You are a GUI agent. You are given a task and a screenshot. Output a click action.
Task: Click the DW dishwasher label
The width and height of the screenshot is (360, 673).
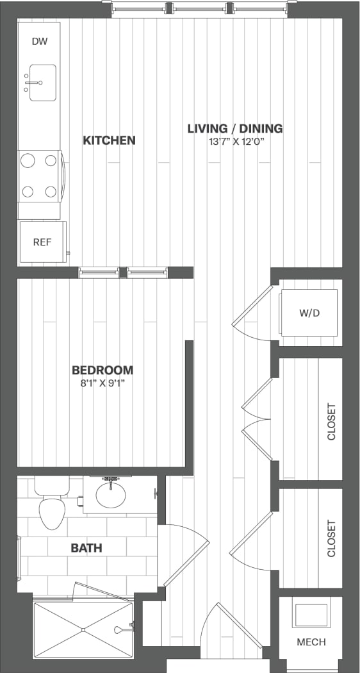[x=39, y=41]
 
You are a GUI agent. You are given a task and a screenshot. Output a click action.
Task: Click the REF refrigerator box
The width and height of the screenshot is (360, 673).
[x=42, y=242]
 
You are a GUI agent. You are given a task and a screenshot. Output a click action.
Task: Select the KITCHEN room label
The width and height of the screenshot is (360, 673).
[x=109, y=140]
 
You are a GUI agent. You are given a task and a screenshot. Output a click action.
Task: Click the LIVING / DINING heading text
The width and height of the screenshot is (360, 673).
[x=234, y=128]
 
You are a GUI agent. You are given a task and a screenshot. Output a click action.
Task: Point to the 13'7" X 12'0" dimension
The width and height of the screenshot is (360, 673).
[x=234, y=142]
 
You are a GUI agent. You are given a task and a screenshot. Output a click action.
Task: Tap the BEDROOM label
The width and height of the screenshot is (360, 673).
[x=102, y=370]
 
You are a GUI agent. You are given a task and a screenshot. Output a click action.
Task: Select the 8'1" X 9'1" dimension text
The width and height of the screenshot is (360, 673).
[x=102, y=383]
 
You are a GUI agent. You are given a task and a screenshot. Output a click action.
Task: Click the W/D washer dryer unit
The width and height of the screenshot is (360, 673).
[x=309, y=313]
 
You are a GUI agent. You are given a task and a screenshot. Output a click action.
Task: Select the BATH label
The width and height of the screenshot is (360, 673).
[x=86, y=548]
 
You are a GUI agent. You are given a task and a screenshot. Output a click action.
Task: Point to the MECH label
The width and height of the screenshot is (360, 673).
[x=311, y=642]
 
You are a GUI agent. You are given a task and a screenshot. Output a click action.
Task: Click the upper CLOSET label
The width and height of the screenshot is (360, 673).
[x=331, y=421]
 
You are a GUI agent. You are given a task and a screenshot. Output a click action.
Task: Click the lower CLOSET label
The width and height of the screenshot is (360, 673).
[x=331, y=538]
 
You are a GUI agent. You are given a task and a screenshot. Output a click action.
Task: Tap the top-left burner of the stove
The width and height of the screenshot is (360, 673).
[x=28, y=162]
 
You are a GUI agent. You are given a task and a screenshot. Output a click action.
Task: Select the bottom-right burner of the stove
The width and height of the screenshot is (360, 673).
[x=51, y=190]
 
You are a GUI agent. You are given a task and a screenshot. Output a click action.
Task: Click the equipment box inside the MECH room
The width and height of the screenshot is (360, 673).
[x=311, y=614]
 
